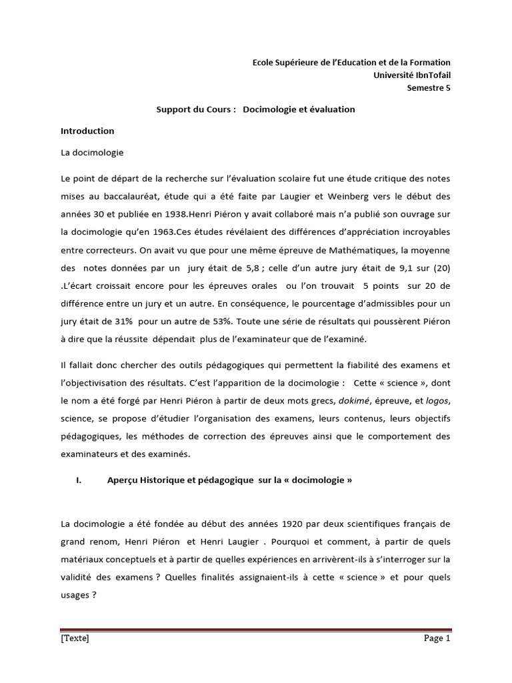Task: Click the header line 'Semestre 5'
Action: (429, 87)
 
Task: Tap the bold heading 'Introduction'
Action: (87, 131)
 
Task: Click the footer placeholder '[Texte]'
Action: (74, 638)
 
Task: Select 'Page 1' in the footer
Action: (437, 638)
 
